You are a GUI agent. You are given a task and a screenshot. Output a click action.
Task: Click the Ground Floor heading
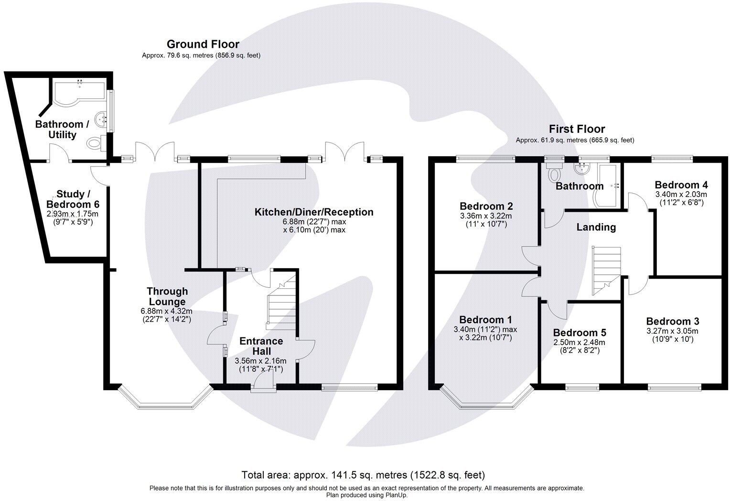coord(203,44)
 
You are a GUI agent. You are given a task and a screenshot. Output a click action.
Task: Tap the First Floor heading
coord(577,129)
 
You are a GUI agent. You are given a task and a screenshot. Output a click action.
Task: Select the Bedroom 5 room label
coord(580,333)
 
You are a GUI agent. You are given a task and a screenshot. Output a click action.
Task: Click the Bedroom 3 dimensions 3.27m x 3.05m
coord(672,331)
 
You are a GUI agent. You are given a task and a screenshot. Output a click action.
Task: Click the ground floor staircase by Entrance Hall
coord(281,302)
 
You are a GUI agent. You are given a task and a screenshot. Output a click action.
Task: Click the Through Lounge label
coord(167,296)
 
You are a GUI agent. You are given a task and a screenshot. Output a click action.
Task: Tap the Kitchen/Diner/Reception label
coord(314,212)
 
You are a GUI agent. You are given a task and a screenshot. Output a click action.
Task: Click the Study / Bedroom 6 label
coord(73,199)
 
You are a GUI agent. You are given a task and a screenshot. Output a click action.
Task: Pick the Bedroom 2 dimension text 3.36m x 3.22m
coord(486,216)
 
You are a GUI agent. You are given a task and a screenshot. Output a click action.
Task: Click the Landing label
coord(596,227)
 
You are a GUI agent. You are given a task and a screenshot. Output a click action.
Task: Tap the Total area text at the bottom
coord(363,475)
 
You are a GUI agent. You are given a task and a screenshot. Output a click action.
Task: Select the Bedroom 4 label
coord(681,185)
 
